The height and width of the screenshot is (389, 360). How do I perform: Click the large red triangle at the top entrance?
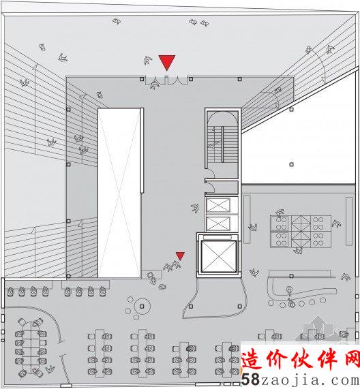[167, 63]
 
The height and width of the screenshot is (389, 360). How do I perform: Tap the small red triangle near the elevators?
[180, 255]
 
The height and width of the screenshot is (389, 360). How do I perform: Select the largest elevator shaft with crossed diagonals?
[218, 256]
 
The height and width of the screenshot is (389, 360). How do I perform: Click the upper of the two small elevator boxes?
[218, 205]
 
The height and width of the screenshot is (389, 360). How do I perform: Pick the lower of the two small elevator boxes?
[218, 223]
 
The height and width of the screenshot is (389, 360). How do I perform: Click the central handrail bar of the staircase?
[222, 144]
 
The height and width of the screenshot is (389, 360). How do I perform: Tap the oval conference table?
[31, 347]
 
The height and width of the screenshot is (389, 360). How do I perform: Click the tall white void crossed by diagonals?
[119, 193]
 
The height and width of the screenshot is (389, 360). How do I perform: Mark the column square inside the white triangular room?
[291, 164]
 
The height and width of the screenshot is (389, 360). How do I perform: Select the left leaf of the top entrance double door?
[156, 80]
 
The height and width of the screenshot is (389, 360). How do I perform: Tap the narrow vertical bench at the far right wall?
[349, 221]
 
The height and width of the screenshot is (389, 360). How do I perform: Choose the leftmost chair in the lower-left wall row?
[10, 292]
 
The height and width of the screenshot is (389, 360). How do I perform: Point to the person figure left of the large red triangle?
[148, 60]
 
